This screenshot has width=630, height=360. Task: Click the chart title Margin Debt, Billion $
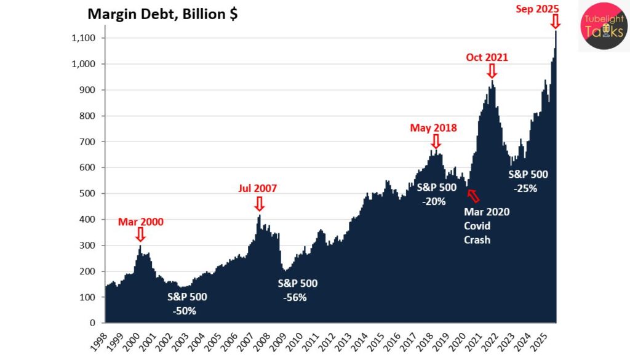[x=162, y=14]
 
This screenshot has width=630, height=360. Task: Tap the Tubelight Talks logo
[x=604, y=26]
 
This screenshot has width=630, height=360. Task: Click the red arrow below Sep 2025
[x=555, y=22]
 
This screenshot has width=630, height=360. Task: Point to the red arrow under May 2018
[x=436, y=142]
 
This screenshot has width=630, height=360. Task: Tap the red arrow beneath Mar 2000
[x=140, y=234]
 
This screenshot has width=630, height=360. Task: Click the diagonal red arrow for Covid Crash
[x=472, y=195]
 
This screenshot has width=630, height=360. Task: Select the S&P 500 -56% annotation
[x=298, y=290]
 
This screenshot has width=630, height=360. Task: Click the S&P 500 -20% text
[x=437, y=194]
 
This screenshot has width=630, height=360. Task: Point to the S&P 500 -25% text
[x=528, y=181]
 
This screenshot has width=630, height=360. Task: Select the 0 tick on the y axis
[x=93, y=322]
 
